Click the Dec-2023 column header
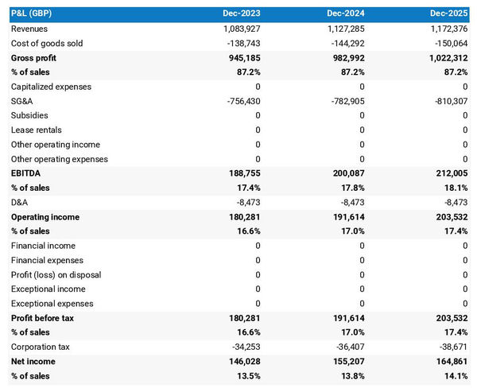click(x=243, y=14)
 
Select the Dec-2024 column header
click(x=347, y=14)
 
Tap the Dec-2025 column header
click(x=450, y=14)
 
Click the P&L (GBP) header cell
click(x=33, y=14)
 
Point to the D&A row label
click(x=20, y=202)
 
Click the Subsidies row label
click(x=29, y=115)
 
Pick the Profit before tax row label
click(x=43, y=318)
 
